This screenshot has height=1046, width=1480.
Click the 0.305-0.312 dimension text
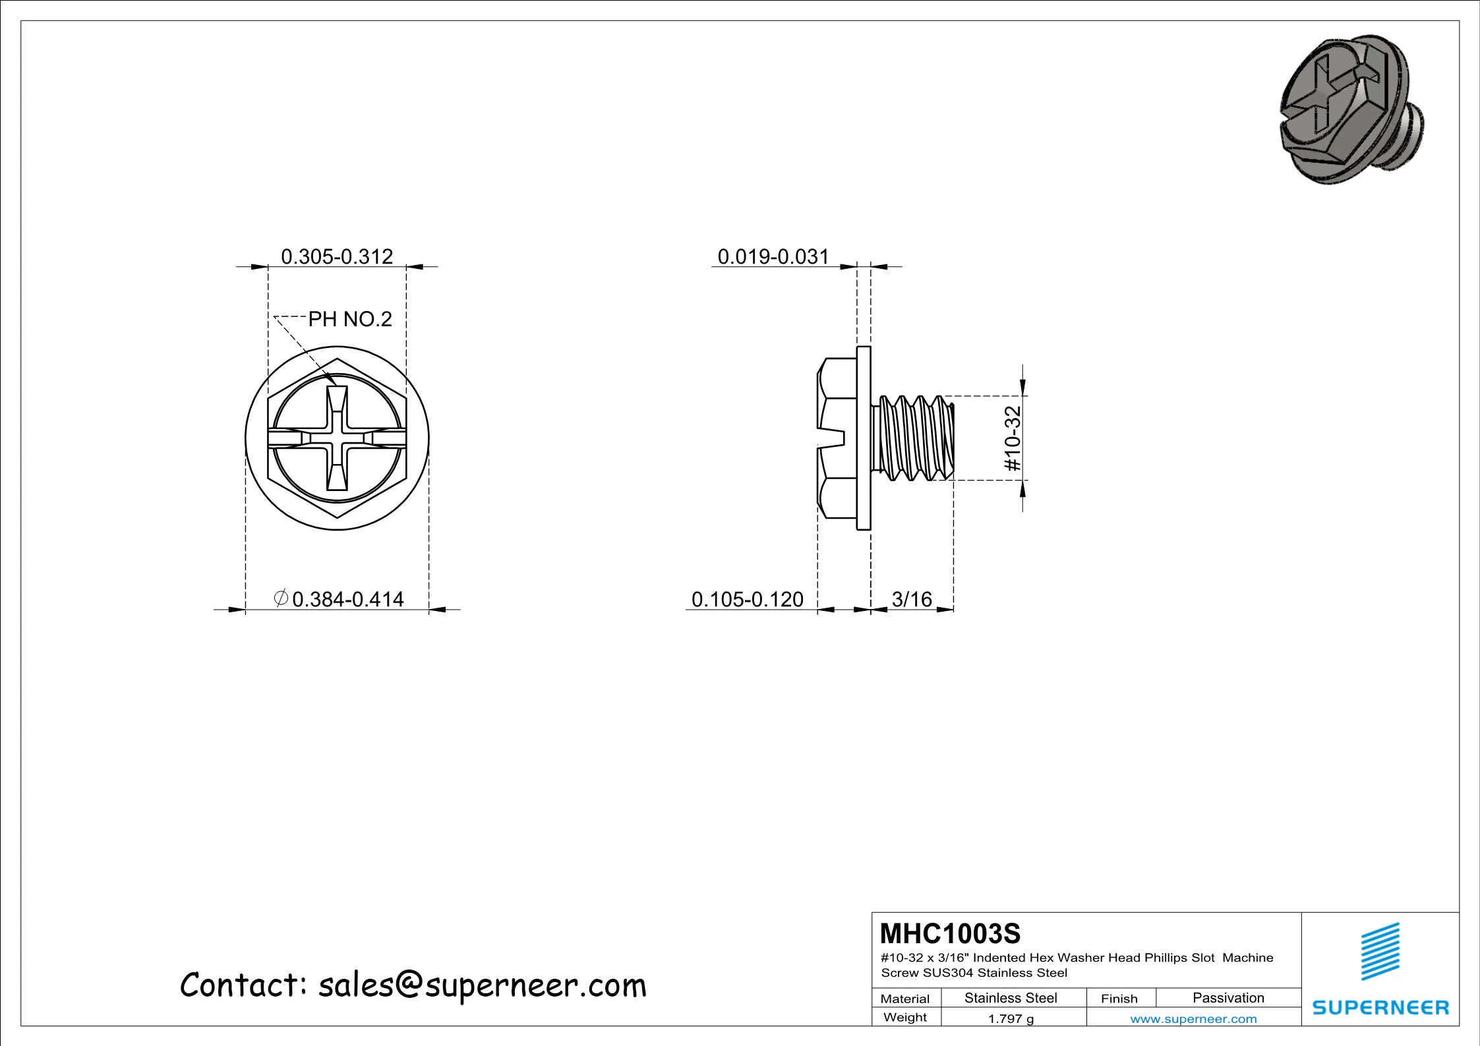pyautogui.click(x=337, y=256)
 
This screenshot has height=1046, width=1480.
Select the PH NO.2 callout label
pyautogui.click(x=350, y=320)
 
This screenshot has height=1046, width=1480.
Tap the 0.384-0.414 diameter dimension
pyautogui.click(x=347, y=599)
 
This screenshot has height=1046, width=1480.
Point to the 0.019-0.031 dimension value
pyautogui.click(x=773, y=256)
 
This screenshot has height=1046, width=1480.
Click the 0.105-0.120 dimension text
pyautogui.click(x=747, y=599)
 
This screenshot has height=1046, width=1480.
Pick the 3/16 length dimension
pyautogui.click(x=912, y=599)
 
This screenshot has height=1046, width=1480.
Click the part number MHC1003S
pyautogui.click(x=950, y=934)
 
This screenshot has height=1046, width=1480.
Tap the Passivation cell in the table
pyautogui.click(x=1228, y=998)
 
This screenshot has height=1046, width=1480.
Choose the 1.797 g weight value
pyautogui.click(x=1011, y=1019)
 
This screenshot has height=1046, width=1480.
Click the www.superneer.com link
pyautogui.click(x=1193, y=1019)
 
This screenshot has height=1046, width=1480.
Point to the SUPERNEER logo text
pyautogui.click(x=1380, y=1008)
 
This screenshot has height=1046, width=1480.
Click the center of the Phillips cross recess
pyautogui.click(x=337, y=438)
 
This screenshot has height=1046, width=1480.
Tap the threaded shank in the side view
pyautogui.click(x=913, y=438)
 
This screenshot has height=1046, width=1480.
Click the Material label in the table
pyautogui.click(x=904, y=999)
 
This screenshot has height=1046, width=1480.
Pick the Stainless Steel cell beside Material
pyautogui.click(x=1011, y=998)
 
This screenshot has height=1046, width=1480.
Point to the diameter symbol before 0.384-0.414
pyautogui.click(x=280, y=598)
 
